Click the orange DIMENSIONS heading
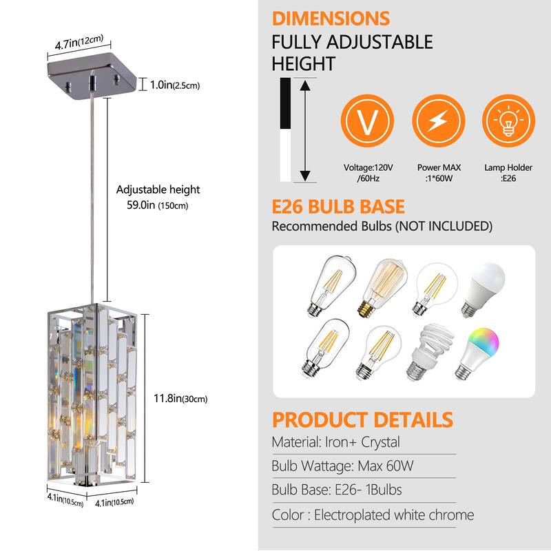click(331, 19)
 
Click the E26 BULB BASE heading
click(338, 207)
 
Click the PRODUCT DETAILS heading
click(362, 419)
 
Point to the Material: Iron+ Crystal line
click(335, 442)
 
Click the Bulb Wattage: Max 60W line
click(342, 466)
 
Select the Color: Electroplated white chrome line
click(373, 514)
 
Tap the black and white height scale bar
click(285, 129)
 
